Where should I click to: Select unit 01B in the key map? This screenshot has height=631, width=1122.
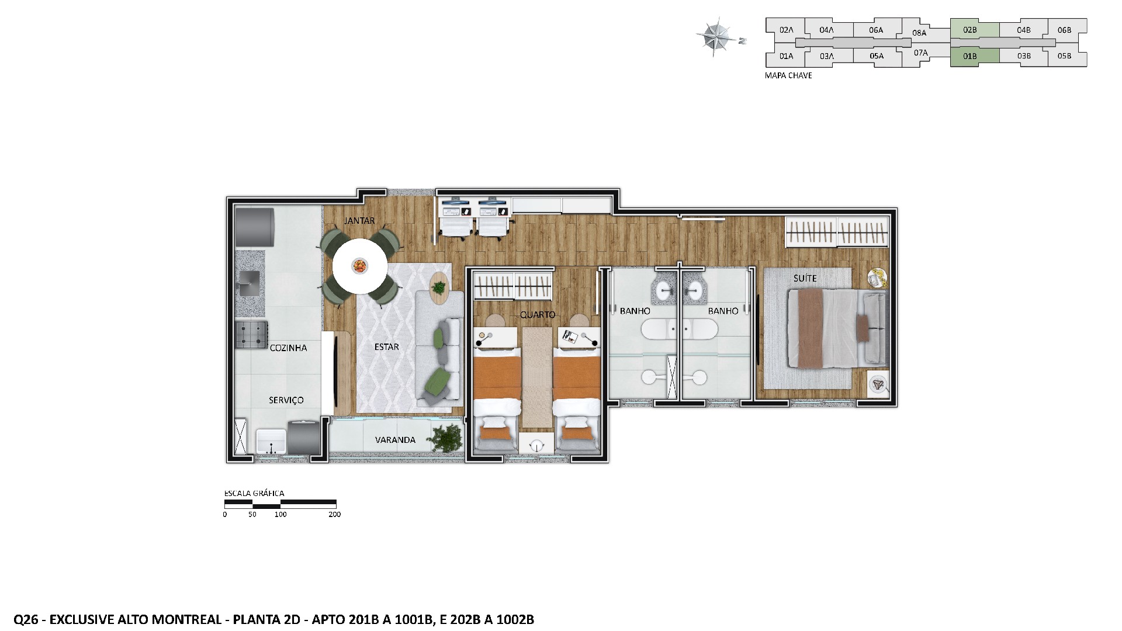click(970, 57)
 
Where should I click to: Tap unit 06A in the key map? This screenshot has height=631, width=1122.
click(875, 30)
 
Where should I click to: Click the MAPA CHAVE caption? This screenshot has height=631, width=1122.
click(788, 75)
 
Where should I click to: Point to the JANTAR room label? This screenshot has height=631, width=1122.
click(359, 221)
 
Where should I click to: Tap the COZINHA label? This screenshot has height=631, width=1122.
click(288, 348)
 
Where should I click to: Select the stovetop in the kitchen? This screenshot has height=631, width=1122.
click(251, 335)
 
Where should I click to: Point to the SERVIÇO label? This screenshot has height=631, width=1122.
click(286, 400)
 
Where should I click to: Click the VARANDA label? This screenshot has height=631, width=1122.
click(395, 440)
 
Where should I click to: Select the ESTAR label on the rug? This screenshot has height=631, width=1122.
click(386, 347)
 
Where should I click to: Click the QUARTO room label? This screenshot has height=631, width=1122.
click(537, 314)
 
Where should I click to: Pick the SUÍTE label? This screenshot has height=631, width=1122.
click(805, 278)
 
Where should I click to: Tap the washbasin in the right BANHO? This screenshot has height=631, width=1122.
click(695, 289)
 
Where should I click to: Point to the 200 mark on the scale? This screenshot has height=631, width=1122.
click(334, 515)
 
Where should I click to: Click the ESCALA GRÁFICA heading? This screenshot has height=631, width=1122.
click(254, 493)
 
